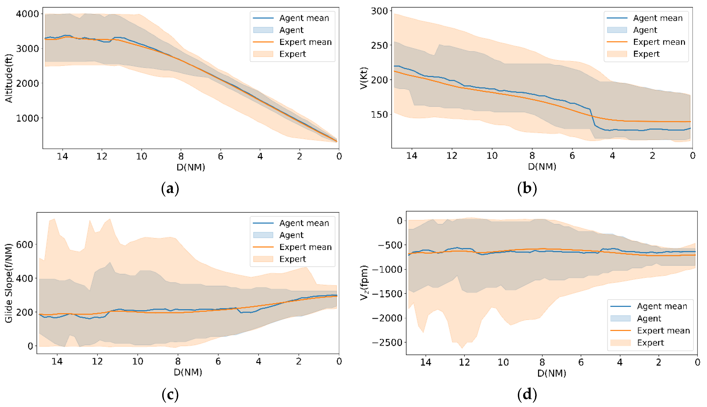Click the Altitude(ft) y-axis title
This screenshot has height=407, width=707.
[9, 79]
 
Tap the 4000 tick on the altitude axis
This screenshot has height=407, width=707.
[27, 14]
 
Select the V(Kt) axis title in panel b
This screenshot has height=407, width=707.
[363, 78]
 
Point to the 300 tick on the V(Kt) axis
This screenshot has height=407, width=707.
[379, 11]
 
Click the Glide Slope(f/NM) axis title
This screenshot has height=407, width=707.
[9, 283]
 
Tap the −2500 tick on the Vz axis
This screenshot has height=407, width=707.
[387, 342]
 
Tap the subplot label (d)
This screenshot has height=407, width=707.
[527, 394]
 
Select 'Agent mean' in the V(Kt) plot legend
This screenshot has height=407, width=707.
[658, 18]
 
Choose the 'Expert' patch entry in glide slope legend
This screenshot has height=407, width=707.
[292, 259]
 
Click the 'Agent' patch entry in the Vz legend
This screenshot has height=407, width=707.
[649, 318]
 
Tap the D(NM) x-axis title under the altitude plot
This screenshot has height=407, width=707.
[191, 167]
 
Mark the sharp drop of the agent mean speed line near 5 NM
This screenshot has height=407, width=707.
[592, 117]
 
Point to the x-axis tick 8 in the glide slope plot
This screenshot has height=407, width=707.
[178, 361]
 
